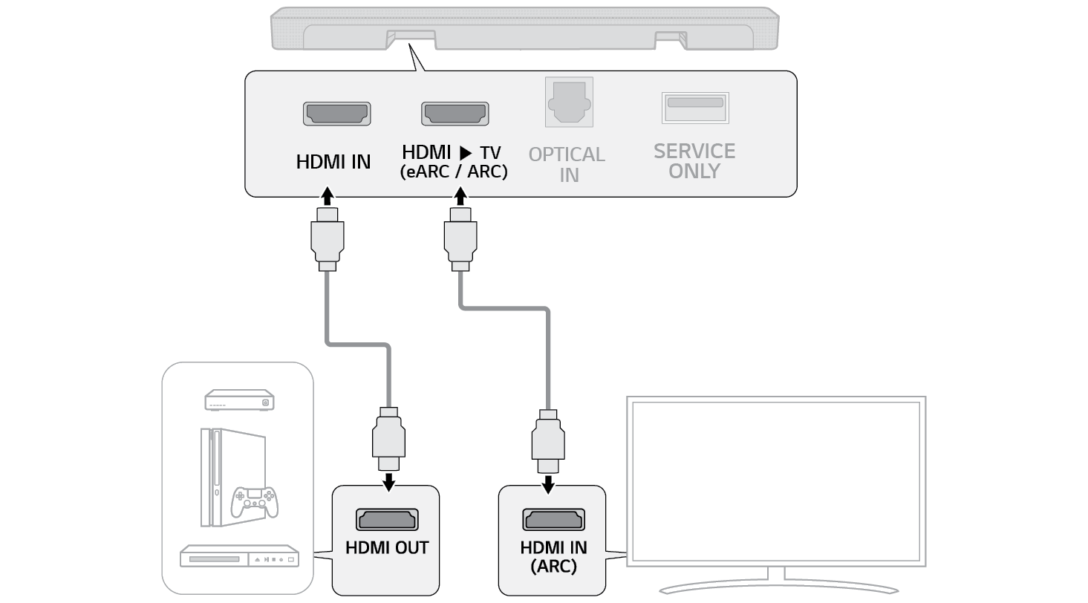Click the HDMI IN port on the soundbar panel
click(336, 113)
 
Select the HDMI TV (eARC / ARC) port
click(455, 113)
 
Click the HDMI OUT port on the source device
click(387, 518)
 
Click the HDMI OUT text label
click(387, 548)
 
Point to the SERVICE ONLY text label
click(694, 161)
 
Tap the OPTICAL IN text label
click(567, 165)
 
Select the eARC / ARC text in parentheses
click(454, 172)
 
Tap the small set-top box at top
click(238, 401)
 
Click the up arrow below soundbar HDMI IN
click(328, 198)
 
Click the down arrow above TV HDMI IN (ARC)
click(548, 483)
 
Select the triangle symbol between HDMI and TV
click(465, 153)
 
